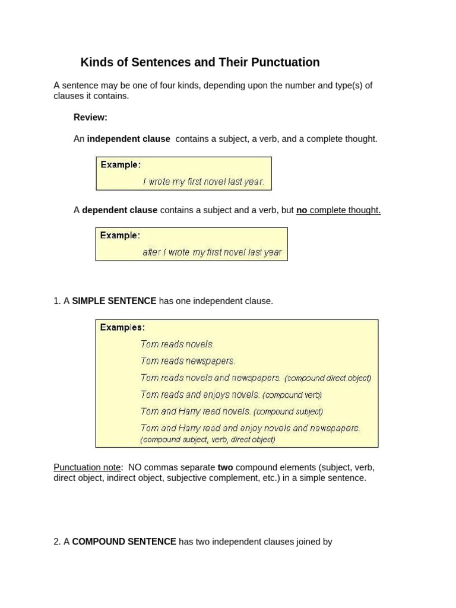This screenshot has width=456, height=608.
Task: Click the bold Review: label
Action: coord(90,118)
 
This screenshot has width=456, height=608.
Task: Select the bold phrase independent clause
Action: coord(128,139)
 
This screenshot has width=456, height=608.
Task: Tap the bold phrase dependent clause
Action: coord(119,210)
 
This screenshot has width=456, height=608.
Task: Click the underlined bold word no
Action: coord(302,210)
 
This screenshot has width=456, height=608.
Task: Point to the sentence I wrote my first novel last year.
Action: coord(204,182)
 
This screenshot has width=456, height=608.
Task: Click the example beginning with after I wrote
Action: coord(212,252)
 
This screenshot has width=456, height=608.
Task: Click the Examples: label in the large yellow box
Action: coord(122,327)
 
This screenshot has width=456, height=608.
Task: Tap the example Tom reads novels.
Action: coord(177,344)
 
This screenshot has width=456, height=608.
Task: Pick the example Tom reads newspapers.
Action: coord(188,361)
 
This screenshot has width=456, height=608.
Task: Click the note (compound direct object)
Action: coord(328,378)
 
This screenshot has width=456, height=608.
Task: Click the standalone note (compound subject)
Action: coord(289,411)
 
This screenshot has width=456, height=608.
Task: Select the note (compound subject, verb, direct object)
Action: coord(208,440)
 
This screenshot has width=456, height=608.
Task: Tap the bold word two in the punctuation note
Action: coord(225,467)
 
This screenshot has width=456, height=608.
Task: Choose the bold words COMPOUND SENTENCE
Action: coord(124,541)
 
